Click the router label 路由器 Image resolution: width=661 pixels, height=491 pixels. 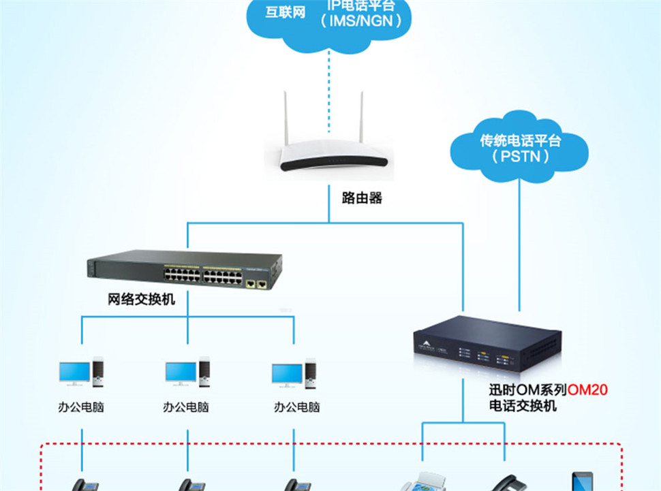[x=362, y=198]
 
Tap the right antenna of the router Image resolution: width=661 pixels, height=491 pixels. [x=361, y=119]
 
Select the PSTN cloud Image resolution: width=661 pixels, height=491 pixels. [x=520, y=150]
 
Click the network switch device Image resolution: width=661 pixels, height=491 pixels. [x=184, y=271]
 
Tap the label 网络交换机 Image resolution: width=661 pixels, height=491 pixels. [x=142, y=299]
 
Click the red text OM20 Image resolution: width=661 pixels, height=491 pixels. [x=587, y=390]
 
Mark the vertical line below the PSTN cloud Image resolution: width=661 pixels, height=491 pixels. [x=520, y=245]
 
